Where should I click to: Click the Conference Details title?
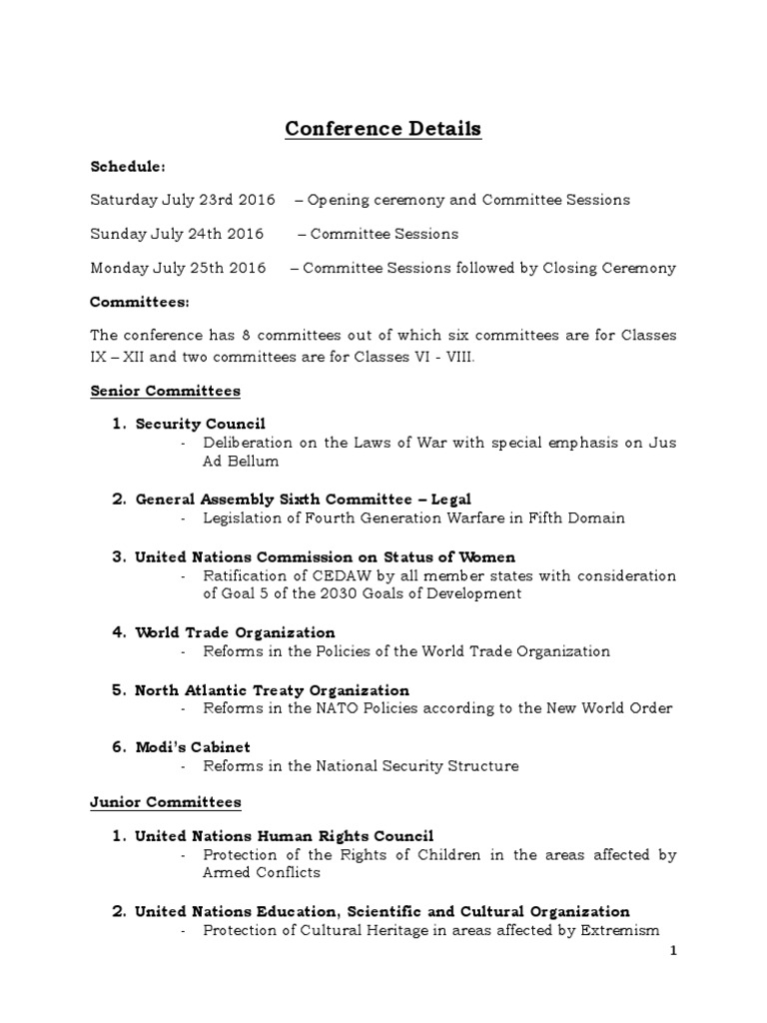(x=383, y=129)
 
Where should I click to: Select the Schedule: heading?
(x=129, y=165)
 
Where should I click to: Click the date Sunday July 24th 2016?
(x=177, y=234)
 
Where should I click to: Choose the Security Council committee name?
(x=200, y=424)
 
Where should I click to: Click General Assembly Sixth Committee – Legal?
(x=303, y=499)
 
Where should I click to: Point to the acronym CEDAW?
(x=327, y=575)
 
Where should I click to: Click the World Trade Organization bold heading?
(x=235, y=632)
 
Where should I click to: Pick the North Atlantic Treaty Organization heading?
(x=272, y=690)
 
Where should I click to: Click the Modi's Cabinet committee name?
(x=193, y=747)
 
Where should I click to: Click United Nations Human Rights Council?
(x=285, y=835)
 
